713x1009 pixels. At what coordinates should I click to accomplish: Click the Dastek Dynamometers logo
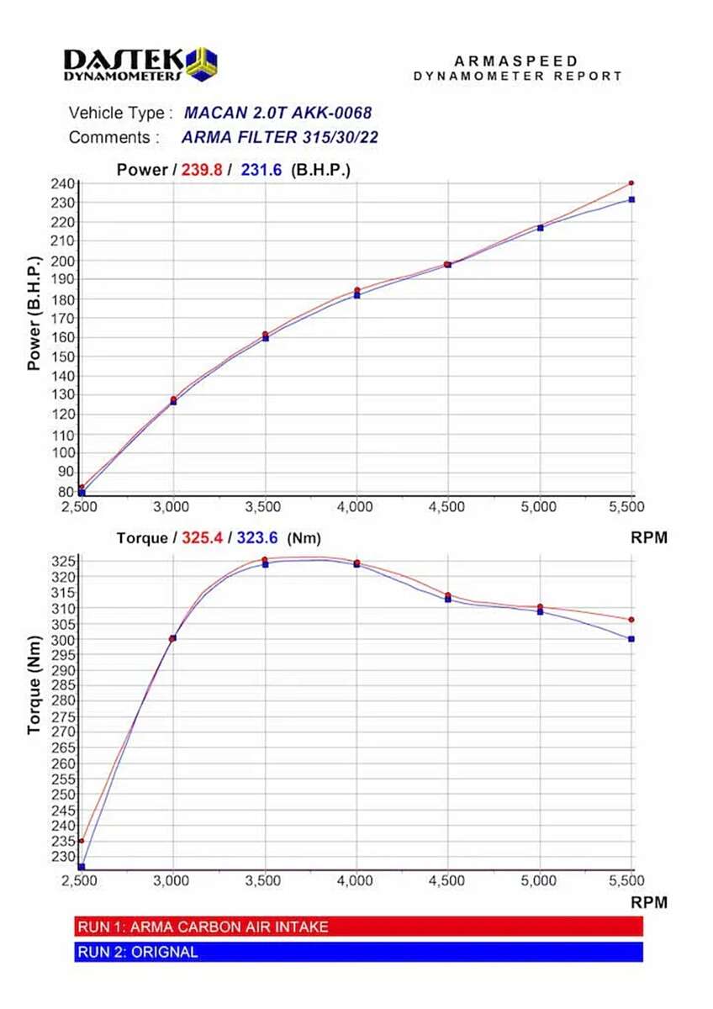[140, 63]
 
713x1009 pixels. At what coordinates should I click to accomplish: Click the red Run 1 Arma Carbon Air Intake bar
[358, 927]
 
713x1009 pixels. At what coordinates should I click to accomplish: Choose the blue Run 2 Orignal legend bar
[358, 952]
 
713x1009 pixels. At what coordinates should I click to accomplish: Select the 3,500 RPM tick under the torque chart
[265, 880]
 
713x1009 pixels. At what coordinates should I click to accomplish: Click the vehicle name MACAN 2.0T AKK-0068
[277, 113]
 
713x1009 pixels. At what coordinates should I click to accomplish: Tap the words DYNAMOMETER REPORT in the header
[518, 76]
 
